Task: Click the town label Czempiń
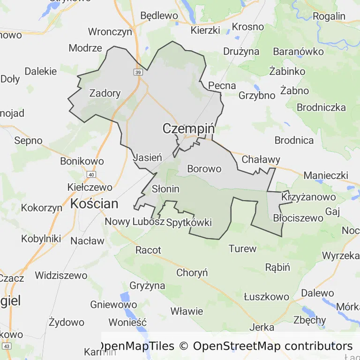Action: [188, 128]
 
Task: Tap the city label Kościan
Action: [94, 203]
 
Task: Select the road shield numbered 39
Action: [137, 72]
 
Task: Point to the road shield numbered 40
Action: [91, 174]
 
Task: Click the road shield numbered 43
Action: [7, 346]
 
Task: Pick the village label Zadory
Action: [105, 93]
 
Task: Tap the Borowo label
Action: [204, 168]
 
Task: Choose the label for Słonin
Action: [166, 189]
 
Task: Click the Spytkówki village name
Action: [189, 222]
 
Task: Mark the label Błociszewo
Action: [298, 217]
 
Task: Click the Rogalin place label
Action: [329, 16]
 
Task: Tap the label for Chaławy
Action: [261, 159]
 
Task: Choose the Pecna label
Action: [222, 85]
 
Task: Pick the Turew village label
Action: [242, 248]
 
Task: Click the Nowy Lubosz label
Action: [135, 222]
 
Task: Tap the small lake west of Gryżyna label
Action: [125, 298]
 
